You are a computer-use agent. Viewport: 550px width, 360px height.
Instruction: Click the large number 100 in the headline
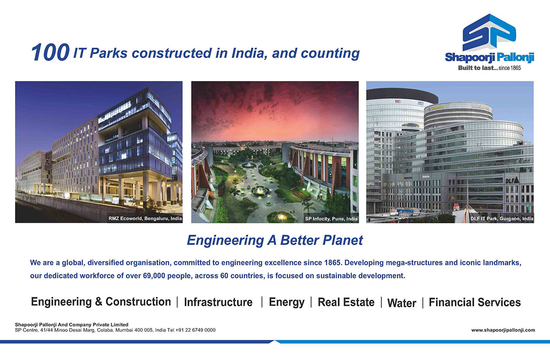tap(50, 52)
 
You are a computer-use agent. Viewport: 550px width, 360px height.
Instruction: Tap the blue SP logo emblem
tap(489, 33)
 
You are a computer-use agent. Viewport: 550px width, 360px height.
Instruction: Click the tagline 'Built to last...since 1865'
tap(489, 68)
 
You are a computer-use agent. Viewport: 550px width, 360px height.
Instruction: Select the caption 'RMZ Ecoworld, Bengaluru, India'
tap(145, 218)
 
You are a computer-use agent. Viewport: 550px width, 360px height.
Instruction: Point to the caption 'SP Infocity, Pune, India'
tap(331, 219)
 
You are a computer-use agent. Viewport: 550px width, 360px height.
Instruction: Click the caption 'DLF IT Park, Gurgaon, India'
tap(501, 219)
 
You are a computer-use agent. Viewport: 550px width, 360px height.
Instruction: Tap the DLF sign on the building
tap(512, 180)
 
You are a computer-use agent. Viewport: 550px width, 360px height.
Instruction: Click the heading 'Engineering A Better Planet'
tap(275, 240)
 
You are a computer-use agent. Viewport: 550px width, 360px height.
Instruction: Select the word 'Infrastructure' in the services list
tap(218, 302)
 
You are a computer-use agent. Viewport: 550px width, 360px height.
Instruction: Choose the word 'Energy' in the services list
tap(286, 303)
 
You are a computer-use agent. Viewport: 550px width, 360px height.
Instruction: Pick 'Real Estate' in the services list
tap(346, 302)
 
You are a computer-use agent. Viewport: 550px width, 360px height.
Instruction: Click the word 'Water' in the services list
tap(401, 303)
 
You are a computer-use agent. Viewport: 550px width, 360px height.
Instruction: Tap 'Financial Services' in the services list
tap(475, 302)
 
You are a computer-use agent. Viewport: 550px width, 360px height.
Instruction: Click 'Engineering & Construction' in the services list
tap(101, 302)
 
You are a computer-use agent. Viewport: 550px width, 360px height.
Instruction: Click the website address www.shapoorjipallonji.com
tap(503, 330)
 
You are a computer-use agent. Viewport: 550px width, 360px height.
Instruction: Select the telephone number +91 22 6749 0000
tap(195, 330)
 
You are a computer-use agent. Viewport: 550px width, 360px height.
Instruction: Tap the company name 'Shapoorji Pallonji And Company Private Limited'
tap(71, 325)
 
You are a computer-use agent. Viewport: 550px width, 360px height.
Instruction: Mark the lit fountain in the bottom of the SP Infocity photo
tap(281, 217)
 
